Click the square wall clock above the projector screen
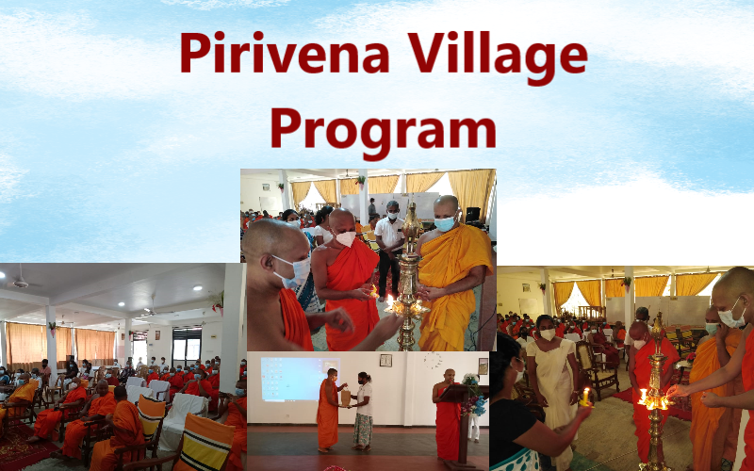pos(385,361)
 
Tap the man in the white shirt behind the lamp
pos(389,250)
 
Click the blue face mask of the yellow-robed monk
pos(444,223)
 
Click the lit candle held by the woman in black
pos(585,397)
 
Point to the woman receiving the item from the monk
pos(363,412)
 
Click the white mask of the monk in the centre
pos(345,238)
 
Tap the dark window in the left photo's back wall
pos(187,346)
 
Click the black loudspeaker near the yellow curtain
pos(473,215)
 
